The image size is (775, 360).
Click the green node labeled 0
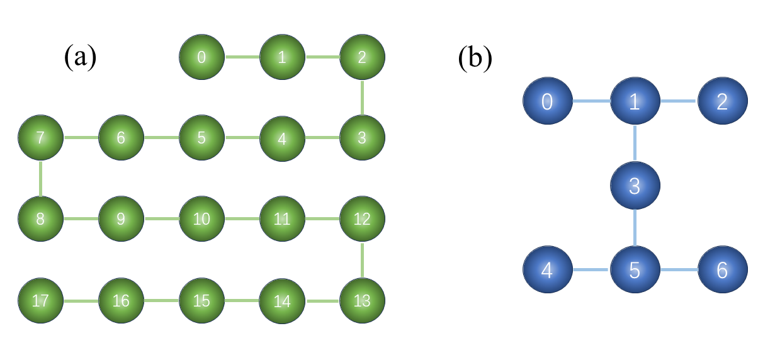(x=201, y=57)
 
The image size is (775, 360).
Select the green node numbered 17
(x=40, y=300)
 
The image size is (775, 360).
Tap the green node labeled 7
(x=40, y=138)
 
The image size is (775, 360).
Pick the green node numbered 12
(x=362, y=219)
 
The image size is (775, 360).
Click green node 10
(x=201, y=219)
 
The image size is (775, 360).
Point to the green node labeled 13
(x=362, y=300)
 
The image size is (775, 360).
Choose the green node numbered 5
(x=201, y=138)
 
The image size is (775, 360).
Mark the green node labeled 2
(x=362, y=57)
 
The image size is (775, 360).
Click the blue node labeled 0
(x=547, y=101)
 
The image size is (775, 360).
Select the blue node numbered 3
(x=635, y=186)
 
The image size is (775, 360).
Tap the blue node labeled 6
(x=722, y=271)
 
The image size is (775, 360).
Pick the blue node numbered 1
(x=635, y=101)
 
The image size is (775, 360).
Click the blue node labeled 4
(x=547, y=271)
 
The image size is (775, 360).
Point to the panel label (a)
(x=80, y=57)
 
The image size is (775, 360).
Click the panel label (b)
(x=475, y=57)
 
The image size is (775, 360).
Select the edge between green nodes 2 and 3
(x=362, y=98)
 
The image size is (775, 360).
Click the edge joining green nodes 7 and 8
(x=40, y=179)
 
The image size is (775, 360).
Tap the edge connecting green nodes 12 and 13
(x=362, y=259)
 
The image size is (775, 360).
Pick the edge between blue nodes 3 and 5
(x=635, y=228)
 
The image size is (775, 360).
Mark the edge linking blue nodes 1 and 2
(x=679, y=101)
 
